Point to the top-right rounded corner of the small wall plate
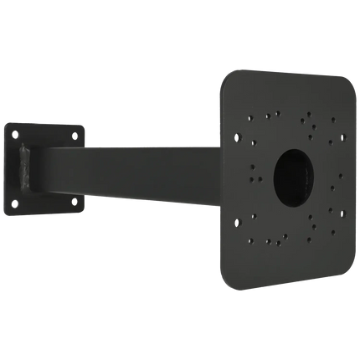click(84, 126)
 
